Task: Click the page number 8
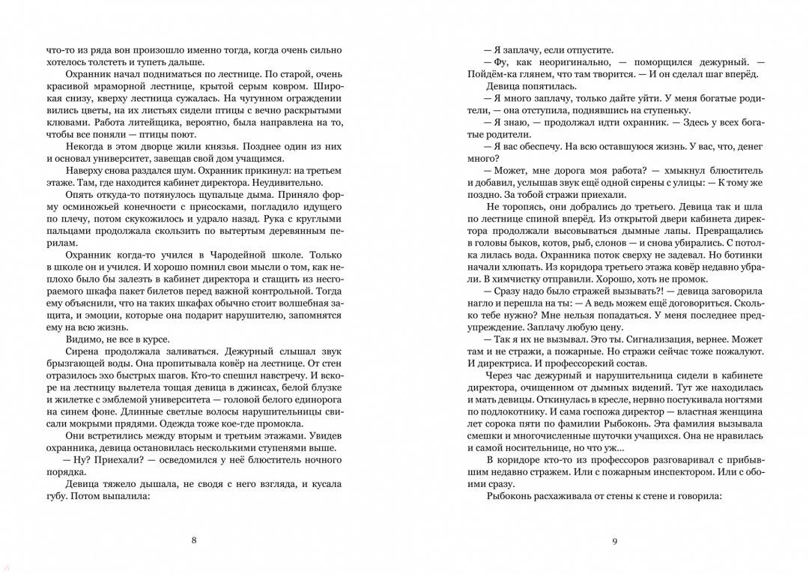tap(194, 540)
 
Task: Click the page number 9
tap(614, 541)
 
